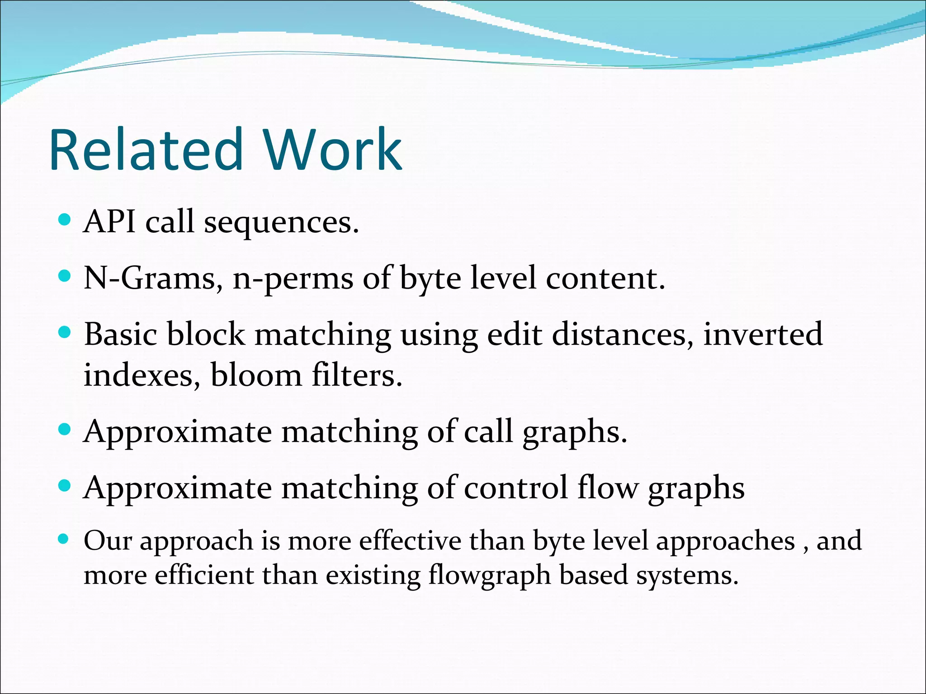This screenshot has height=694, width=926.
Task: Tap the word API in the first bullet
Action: pyautogui.click(x=109, y=222)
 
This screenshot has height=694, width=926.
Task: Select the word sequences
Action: pyautogui.click(x=281, y=224)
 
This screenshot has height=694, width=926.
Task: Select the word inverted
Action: pyautogui.click(x=763, y=335)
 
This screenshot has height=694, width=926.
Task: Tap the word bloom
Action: pyautogui.click(x=256, y=375)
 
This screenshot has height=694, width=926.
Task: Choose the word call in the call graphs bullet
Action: pyautogui.click(x=488, y=432)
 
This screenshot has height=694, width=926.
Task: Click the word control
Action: pyautogui.click(x=515, y=488)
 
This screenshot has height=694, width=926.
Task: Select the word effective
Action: pyautogui.click(x=410, y=541)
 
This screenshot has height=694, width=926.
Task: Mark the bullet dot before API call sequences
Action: pyautogui.click(x=65, y=220)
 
